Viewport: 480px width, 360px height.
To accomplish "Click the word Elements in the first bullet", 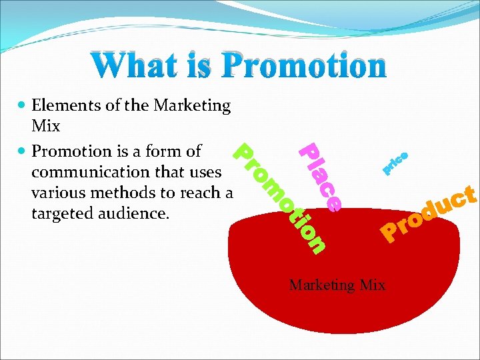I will click(61, 105).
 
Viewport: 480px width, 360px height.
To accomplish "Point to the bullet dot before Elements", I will click(22, 105).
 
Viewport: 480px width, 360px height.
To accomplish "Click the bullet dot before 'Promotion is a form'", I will click(22, 151).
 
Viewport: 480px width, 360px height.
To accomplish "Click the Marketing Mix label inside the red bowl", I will click(337, 285).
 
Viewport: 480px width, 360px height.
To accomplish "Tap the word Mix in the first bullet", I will click(45, 126).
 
